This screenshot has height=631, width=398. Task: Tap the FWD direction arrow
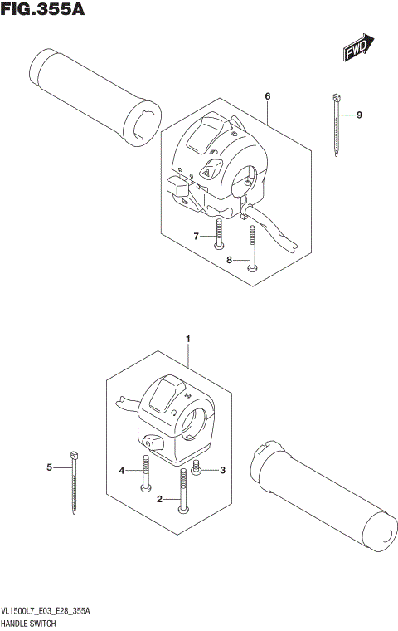pyautogui.click(x=360, y=50)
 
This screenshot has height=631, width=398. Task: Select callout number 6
pyautogui.click(x=268, y=97)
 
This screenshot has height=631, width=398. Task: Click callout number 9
pyautogui.click(x=360, y=115)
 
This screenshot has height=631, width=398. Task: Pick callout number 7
pyautogui.click(x=197, y=237)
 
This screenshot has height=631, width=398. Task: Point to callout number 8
pyautogui.click(x=230, y=261)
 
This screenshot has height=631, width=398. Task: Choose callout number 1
pyautogui.click(x=188, y=339)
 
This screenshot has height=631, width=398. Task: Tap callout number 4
pyautogui.click(x=121, y=471)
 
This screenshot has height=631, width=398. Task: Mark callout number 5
pyautogui.click(x=49, y=468)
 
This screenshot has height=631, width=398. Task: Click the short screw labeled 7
pyautogui.click(x=218, y=232)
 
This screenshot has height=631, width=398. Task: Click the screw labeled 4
pyautogui.click(x=146, y=472)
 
